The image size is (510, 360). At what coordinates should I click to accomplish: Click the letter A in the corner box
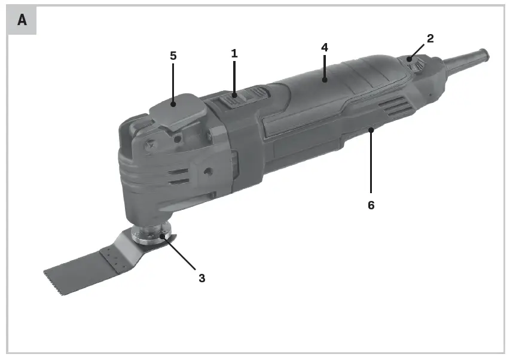click(22, 20)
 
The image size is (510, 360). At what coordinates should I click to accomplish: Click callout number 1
click(234, 53)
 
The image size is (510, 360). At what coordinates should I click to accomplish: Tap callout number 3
click(201, 278)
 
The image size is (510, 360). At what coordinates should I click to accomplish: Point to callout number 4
click(325, 47)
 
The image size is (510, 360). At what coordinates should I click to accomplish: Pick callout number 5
click(173, 56)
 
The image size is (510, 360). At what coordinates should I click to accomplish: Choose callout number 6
click(371, 205)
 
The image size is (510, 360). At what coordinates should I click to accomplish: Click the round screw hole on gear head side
click(207, 171)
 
